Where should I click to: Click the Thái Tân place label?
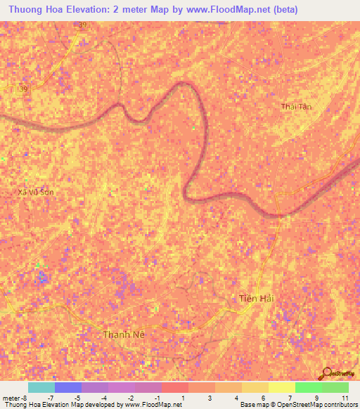296,107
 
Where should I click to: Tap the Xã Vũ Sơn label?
35,191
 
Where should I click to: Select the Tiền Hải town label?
255,298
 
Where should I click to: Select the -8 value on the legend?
24,398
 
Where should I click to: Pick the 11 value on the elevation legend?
345,398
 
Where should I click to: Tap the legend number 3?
210,398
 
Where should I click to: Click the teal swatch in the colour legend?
41,387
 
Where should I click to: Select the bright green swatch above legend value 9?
308,387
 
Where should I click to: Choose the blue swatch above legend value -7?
67,387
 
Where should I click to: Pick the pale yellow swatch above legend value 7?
281,387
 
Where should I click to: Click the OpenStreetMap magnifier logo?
328,373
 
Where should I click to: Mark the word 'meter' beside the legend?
11,398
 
